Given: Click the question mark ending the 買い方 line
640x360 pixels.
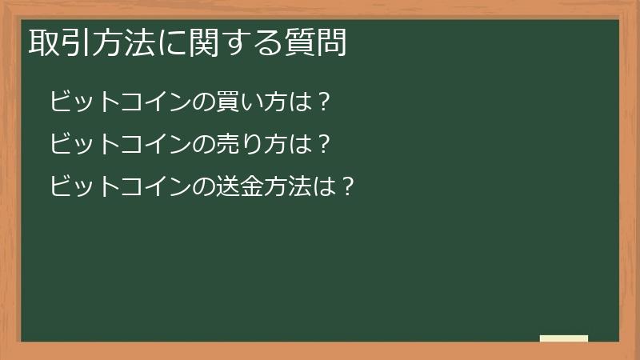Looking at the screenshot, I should tap(324, 102).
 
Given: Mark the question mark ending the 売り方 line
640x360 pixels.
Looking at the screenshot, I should tap(324, 145).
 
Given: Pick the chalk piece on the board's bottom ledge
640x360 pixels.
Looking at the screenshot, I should tap(564, 338).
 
